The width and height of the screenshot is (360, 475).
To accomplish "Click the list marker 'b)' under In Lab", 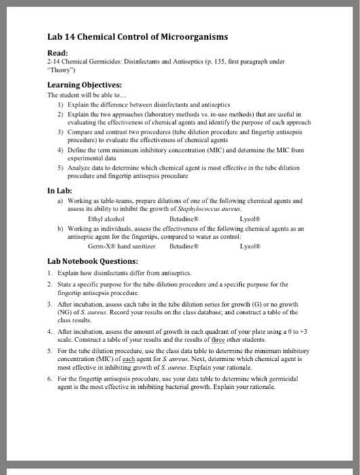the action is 62,228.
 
